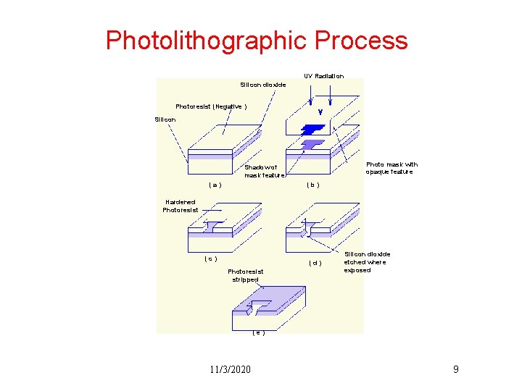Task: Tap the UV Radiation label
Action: pos(323,76)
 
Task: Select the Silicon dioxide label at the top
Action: pos(262,85)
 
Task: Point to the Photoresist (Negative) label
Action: pos(211,106)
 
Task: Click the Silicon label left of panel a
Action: pos(165,119)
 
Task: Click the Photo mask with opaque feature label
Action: pos(391,168)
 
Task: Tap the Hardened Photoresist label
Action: pos(180,206)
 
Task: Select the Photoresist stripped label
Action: pos(246,275)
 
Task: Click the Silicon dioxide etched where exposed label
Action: pos(367,262)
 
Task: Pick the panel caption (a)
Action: pos(215,185)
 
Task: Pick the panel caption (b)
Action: pos(312,185)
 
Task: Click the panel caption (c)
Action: pos(210,258)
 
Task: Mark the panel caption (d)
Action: pos(315,263)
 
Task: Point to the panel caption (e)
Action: pos(258,333)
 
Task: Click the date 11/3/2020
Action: pos(230,370)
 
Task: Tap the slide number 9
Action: pos(455,370)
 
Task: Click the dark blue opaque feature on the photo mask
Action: pos(313,129)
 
